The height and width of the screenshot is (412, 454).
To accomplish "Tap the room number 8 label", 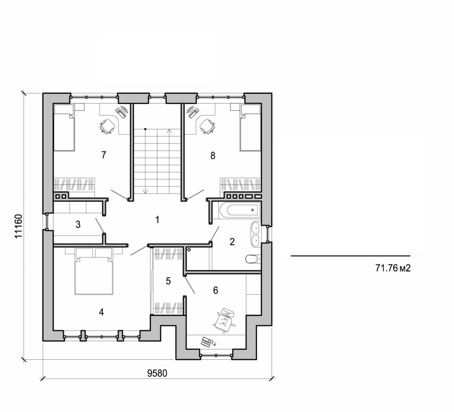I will coord(213,155).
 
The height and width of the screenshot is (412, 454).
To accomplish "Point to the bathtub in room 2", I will coord(236,210).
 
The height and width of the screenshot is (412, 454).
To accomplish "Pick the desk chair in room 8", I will coord(207,127).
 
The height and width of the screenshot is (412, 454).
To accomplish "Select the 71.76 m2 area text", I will coord(391,268).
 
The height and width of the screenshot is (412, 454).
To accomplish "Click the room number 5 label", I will coord(168,281).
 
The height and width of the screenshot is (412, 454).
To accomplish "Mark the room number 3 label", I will coord(78,224).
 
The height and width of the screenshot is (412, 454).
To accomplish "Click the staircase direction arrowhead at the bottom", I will coord(145,191).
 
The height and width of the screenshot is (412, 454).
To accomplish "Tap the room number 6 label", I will coord(215,290).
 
